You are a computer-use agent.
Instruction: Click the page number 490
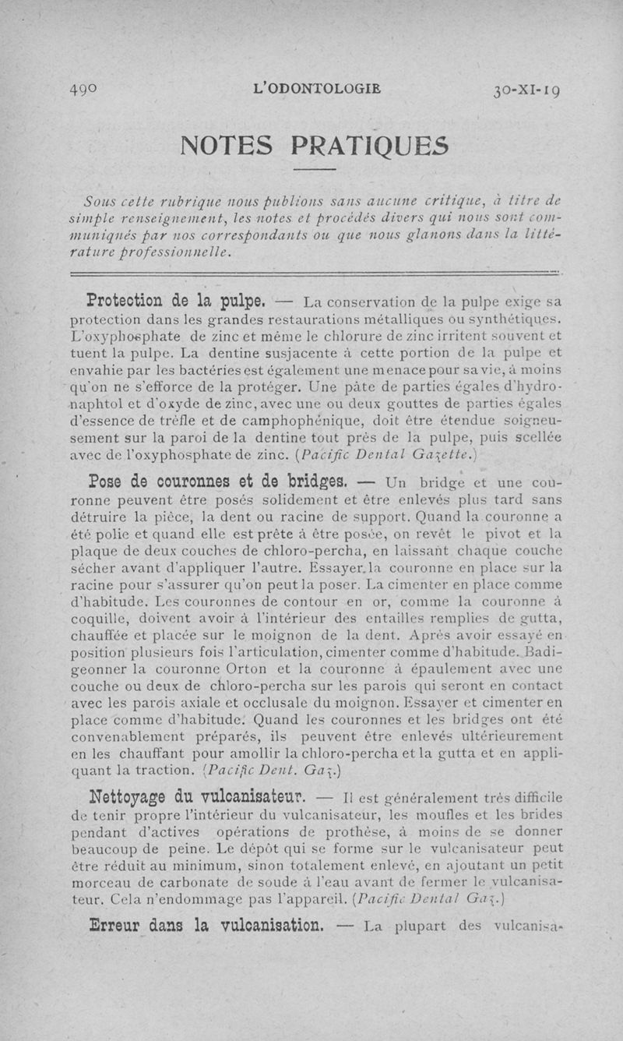pos(82,88)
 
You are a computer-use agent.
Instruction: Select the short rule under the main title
pos(315,169)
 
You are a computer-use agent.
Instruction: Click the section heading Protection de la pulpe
pos(190,300)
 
